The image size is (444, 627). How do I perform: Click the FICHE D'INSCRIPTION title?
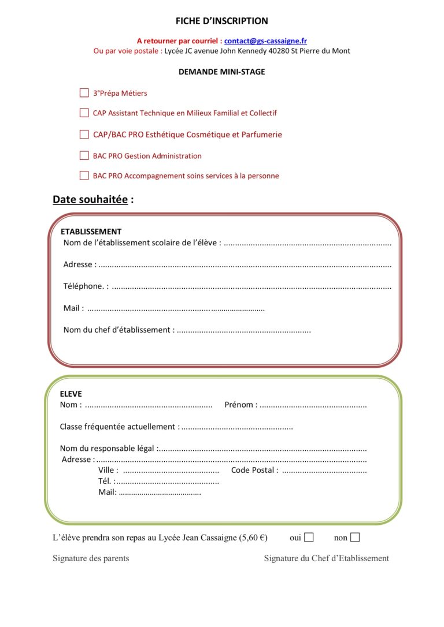click(222, 21)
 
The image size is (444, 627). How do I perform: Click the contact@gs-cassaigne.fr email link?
click(265, 41)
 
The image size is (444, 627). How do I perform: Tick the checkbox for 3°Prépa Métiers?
click(84, 93)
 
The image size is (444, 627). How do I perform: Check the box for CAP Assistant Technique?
click(84, 113)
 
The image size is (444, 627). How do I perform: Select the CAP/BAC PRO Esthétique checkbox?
click(84, 135)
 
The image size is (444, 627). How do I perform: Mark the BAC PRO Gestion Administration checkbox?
click(84, 155)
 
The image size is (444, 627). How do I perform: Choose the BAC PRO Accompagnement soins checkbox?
click(84, 176)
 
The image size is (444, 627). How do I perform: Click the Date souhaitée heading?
click(93, 200)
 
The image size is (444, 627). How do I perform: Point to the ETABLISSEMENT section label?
click(91, 232)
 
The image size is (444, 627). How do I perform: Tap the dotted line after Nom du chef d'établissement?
click(243, 331)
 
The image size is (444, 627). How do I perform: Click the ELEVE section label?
click(71, 394)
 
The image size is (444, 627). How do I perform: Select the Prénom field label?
click(240, 405)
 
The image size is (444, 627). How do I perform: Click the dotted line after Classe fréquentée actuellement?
click(237, 427)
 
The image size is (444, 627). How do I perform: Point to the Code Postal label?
click(254, 471)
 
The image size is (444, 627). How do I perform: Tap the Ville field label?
click(108, 471)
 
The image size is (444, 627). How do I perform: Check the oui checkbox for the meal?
click(309, 538)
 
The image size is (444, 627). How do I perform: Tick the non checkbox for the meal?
click(355, 538)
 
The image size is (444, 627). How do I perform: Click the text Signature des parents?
click(91, 558)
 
